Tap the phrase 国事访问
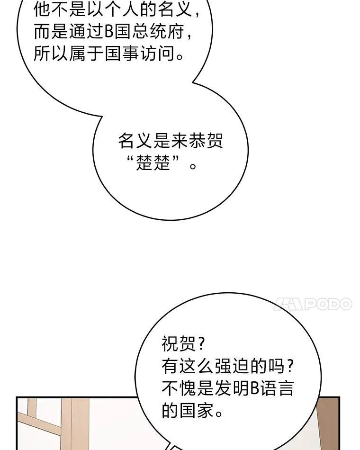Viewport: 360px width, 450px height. [140, 53]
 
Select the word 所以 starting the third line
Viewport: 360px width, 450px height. [51, 53]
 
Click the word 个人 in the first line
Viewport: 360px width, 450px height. [123, 9]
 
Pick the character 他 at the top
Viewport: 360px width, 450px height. [42, 9]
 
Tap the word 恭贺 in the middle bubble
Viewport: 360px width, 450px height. [206, 141]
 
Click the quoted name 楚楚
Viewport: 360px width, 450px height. [153, 163]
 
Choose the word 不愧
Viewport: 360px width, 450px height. [179, 388]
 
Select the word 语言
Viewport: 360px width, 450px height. [277, 388]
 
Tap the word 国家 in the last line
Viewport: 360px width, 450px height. [197, 411]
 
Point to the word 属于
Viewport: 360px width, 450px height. [86, 53]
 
